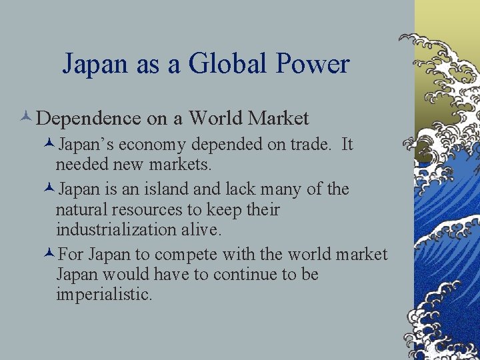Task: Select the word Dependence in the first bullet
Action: [x=88, y=119]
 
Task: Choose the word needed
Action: [x=81, y=163]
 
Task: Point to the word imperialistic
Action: [x=103, y=294]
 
